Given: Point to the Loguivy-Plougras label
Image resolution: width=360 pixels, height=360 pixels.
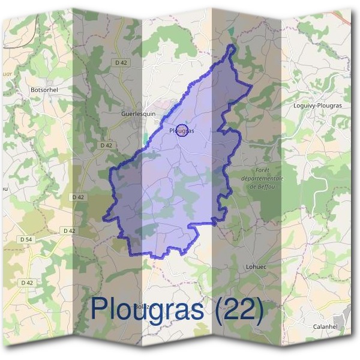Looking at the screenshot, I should point(317,106).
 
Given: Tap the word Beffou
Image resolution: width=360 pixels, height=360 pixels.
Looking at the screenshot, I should point(267,187).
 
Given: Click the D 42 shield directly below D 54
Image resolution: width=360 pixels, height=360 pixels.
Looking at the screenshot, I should point(27,282).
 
